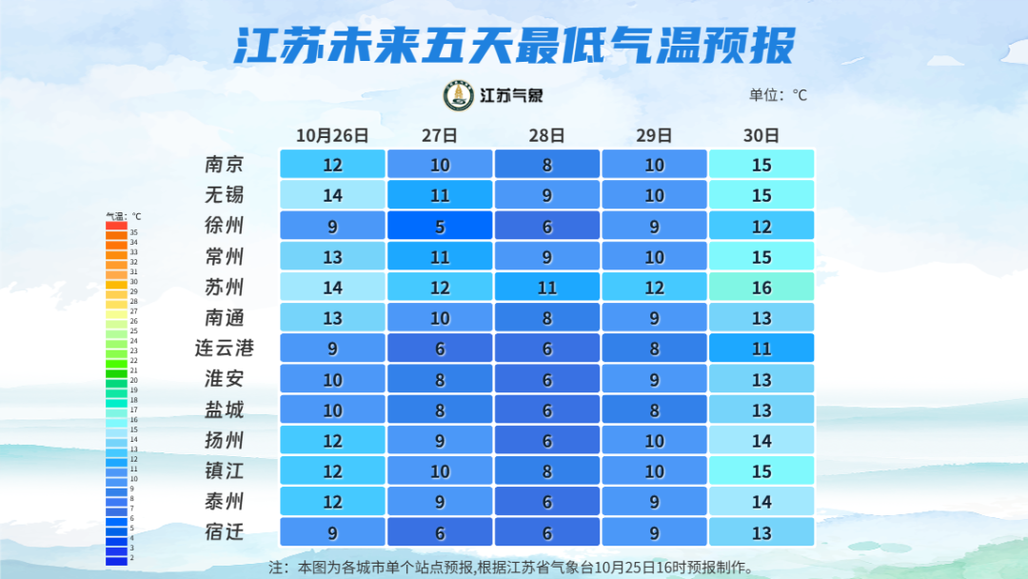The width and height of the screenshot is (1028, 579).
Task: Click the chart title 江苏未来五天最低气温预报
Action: click(514, 45)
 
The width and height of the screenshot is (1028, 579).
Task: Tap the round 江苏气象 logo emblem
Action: click(459, 95)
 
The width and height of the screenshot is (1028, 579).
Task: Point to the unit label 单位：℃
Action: click(778, 94)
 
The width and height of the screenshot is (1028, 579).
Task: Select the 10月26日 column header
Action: click(331, 135)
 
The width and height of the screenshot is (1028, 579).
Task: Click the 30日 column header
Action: click(761, 135)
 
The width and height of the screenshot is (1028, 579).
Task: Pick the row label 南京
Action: click(225, 164)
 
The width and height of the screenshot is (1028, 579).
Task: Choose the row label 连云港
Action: click(225, 349)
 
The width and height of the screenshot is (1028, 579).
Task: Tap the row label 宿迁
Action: click(225, 531)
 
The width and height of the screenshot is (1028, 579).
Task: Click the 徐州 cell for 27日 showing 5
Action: click(440, 226)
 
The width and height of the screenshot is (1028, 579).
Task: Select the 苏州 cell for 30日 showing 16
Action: click(761, 287)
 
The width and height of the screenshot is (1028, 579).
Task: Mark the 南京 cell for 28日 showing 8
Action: click(547, 164)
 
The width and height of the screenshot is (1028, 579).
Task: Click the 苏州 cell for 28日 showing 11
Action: click(547, 287)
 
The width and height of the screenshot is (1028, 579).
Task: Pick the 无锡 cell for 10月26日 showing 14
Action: click(332, 195)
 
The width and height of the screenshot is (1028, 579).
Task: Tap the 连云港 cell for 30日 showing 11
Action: click(761, 349)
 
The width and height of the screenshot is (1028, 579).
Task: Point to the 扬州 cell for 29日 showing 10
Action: click(655, 440)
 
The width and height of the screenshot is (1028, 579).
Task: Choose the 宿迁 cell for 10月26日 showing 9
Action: click(332, 531)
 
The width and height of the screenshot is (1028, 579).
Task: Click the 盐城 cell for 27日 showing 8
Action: click(440, 409)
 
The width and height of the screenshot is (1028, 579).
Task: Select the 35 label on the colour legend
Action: click(134, 232)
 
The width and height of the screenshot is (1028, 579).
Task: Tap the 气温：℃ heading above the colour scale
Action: click(123, 216)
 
